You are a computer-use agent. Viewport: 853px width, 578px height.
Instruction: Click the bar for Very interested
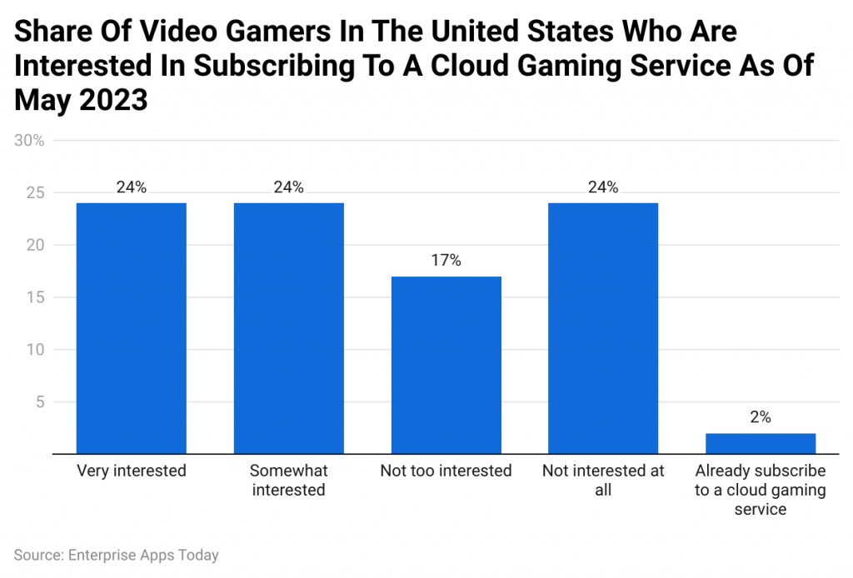pyautogui.click(x=131, y=328)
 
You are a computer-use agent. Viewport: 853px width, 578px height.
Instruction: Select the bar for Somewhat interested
pyautogui.click(x=288, y=328)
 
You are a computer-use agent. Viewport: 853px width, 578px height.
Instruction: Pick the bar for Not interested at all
pyautogui.click(x=603, y=328)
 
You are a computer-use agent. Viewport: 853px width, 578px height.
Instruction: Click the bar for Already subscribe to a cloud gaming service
pyautogui.click(x=760, y=444)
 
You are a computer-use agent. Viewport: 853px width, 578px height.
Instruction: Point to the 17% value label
pyautogui.click(x=446, y=261)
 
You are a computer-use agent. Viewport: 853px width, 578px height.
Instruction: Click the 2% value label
pyautogui.click(x=760, y=417)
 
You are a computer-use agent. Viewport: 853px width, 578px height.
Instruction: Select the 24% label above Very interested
pyautogui.click(x=131, y=187)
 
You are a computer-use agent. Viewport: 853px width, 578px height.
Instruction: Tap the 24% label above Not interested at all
pyautogui.click(x=603, y=187)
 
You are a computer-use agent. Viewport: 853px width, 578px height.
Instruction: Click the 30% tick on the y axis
pyautogui.click(x=30, y=141)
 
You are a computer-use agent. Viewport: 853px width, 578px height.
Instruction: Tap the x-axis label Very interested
pyautogui.click(x=131, y=471)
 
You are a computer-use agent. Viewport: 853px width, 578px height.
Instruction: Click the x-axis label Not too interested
pyautogui.click(x=446, y=471)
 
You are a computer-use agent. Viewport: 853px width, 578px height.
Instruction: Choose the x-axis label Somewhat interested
pyautogui.click(x=288, y=481)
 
